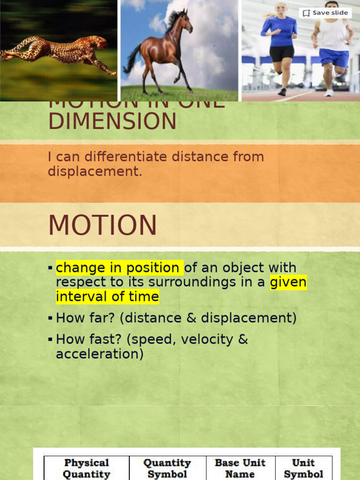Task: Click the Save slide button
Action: pyautogui.click(x=325, y=13)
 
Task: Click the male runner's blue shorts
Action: pyautogui.click(x=334, y=58)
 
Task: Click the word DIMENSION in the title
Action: pyautogui.click(x=112, y=122)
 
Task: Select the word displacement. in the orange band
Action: pyautogui.click(x=95, y=171)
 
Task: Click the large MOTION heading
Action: pyautogui.click(x=103, y=225)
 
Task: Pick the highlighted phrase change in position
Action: pyautogui.click(x=119, y=268)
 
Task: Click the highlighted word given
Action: pyautogui.click(x=288, y=282)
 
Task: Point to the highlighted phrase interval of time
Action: pyautogui.click(x=107, y=297)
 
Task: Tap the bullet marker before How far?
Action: pyautogui.click(x=50, y=318)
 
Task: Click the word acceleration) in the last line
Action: pyautogui.click(x=99, y=353)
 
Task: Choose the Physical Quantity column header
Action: pyautogui.click(x=86, y=468)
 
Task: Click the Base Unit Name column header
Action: pyautogui.click(x=240, y=468)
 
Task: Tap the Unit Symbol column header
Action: pyautogui.click(x=303, y=468)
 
